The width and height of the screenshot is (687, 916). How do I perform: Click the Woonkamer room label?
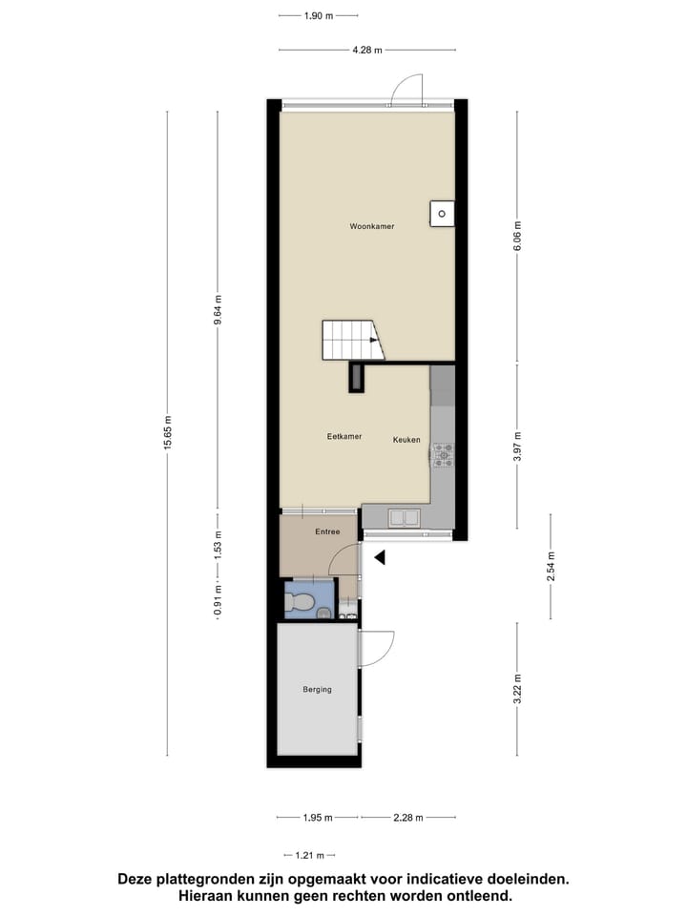point(371,226)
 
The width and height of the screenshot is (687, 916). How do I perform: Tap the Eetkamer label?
point(344,436)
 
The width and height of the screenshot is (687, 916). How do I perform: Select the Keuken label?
point(406,440)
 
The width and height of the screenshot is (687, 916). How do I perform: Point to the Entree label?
point(327,531)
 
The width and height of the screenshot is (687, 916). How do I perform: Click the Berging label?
point(318,688)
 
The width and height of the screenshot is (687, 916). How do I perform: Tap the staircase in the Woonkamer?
point(352,340)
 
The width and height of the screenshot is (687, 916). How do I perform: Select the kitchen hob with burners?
point(443,455)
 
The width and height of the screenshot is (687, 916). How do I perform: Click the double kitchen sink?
point(405,518)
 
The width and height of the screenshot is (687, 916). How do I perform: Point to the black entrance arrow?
point(379,557)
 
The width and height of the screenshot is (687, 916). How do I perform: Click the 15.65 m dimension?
point(168,433)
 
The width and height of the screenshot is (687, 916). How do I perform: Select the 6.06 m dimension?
point(517,235)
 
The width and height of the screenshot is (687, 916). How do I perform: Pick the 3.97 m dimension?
point(517,446)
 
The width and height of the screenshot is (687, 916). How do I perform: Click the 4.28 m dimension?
point(366,50)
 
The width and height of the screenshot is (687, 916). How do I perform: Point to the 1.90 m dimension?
point(319,15)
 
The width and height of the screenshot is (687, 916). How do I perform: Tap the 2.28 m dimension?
point(407,817)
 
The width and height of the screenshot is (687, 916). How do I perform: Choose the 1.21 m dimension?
point(309,855)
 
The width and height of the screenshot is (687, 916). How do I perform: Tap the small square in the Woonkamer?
point(442,214)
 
